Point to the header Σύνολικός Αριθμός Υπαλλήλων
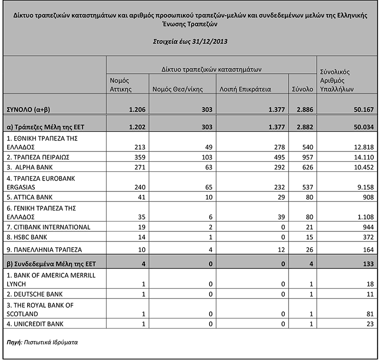(x=335, y=80)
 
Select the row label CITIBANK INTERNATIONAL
(x=49, y=227)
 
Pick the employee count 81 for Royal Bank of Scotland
(x=367, y=314)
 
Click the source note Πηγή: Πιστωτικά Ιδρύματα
(x=42, y=342)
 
